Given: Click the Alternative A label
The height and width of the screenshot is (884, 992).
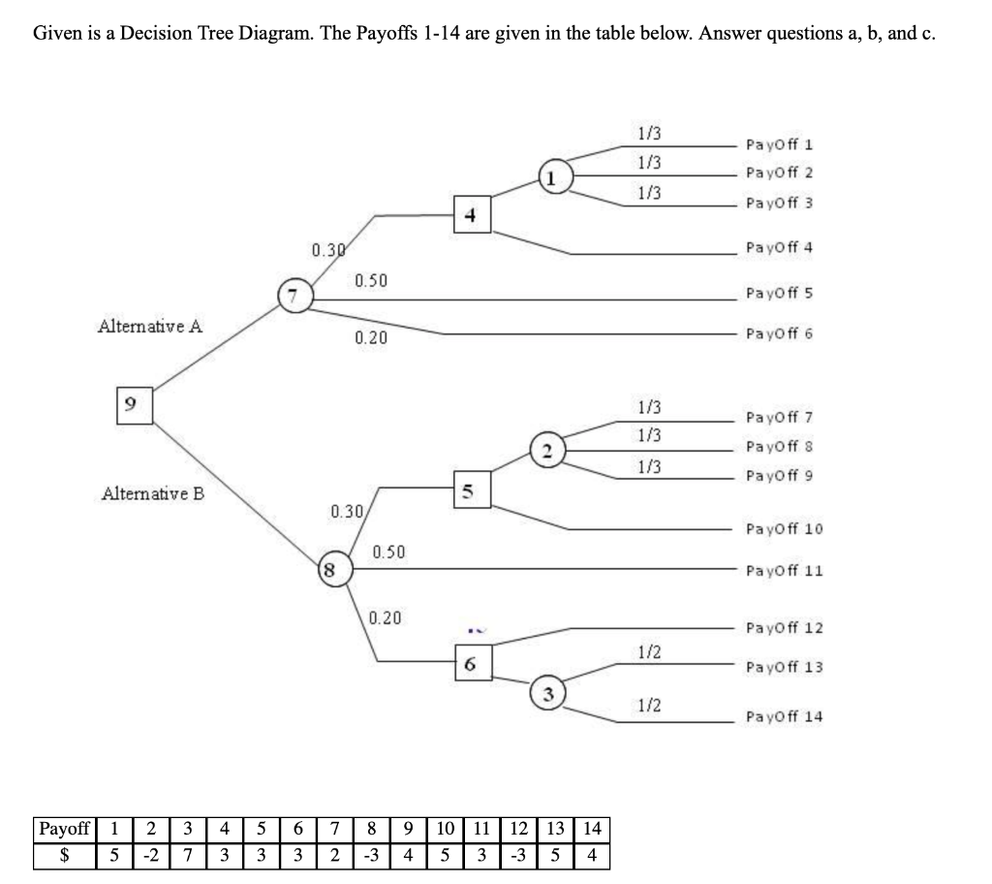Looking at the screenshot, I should (150, 326).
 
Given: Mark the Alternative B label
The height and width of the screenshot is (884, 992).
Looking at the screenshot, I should (153, 493).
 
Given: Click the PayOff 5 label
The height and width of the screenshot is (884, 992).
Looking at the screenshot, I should (779, 293).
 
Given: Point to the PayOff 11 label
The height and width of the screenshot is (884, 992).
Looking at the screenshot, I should (784, 571).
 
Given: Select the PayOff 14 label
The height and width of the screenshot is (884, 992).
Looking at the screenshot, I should (784, 717).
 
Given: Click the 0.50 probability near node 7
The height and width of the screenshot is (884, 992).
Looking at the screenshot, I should (371, 281).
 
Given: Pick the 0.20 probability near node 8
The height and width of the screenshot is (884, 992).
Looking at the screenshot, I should (387, 617).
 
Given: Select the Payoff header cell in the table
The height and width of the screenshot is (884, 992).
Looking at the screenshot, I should (63, 830).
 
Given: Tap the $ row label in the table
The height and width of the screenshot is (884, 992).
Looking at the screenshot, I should (63, 857).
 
